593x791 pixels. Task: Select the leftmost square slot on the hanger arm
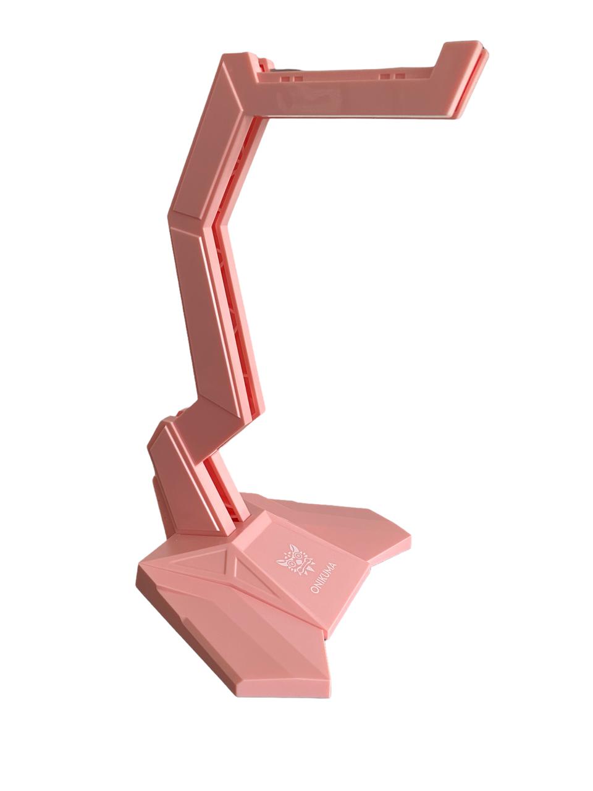click(x=285, y=77)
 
